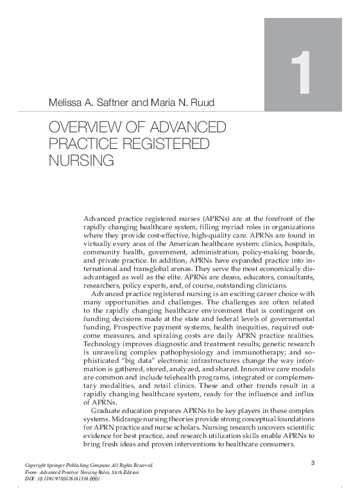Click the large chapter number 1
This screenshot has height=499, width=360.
tap(300, 74)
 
